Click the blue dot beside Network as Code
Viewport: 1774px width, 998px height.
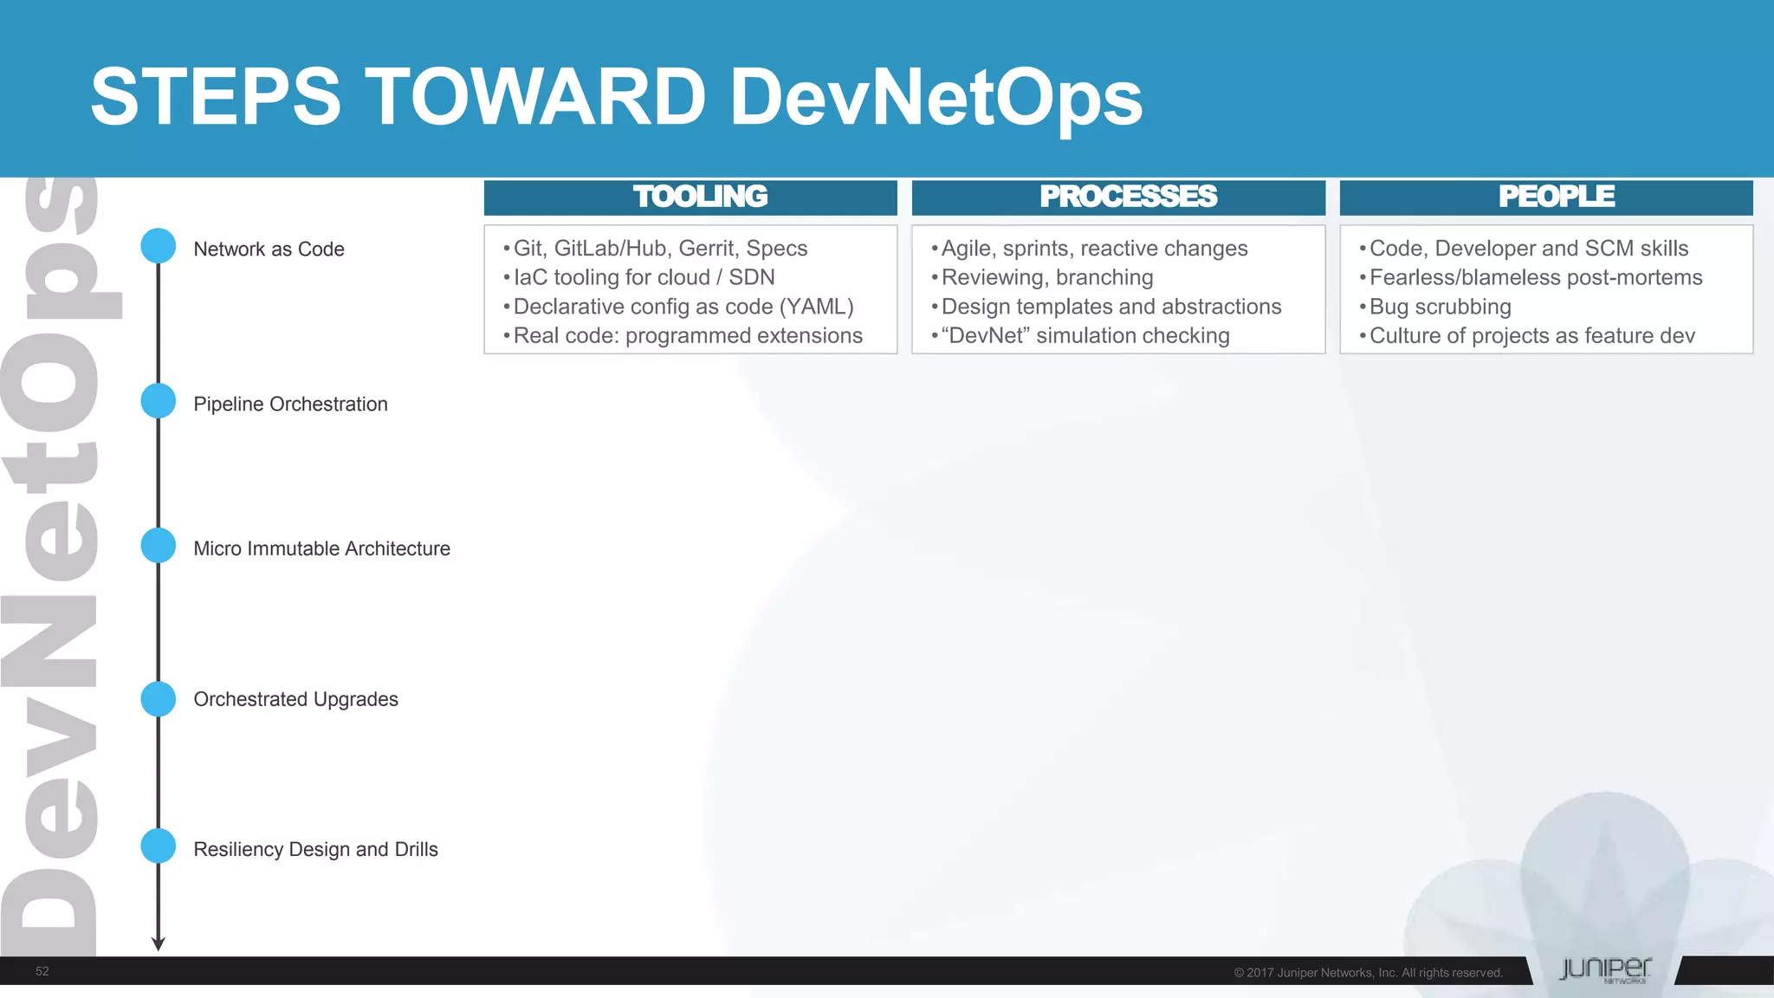[x=159, y=246]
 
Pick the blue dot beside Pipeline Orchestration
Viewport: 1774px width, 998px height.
[x=159, y=401]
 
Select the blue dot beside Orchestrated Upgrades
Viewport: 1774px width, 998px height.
[x=159, y=699]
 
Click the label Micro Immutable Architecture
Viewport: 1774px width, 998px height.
[x=321, y=548]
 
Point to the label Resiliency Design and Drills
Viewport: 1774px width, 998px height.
[x=315, y=849]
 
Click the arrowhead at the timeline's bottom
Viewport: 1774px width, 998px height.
[x=159, y=943]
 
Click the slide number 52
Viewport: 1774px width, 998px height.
[x=42, y=971]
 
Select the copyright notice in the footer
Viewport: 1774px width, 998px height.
[x=1368, y=973]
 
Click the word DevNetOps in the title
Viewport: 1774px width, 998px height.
[x=936, y=97]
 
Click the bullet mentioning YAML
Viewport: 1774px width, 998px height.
[x=683, y=307]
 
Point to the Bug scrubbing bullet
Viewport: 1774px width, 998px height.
[x=1440, y=307]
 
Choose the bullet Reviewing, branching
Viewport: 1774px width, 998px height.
[x=1046, y=277]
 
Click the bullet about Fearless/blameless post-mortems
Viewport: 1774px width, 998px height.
[x=1535, y=277]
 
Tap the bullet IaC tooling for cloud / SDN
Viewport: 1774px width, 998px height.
[x=644, y=277]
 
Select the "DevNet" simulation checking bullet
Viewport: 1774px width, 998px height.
[x=1084, y=335]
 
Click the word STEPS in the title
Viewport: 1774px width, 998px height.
[x=216, y=97]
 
